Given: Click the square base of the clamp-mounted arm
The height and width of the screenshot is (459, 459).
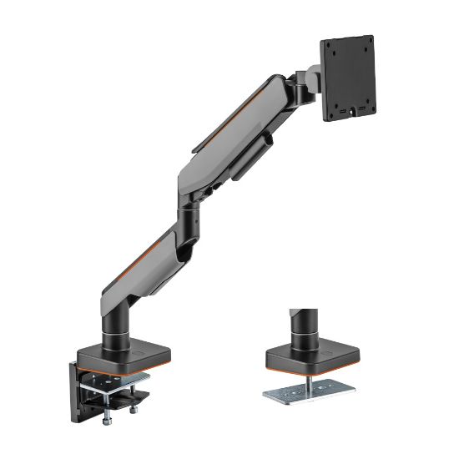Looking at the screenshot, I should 117,356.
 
